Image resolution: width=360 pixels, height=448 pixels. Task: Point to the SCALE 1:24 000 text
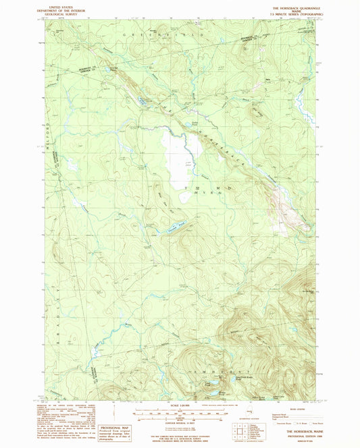click(180, 405)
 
